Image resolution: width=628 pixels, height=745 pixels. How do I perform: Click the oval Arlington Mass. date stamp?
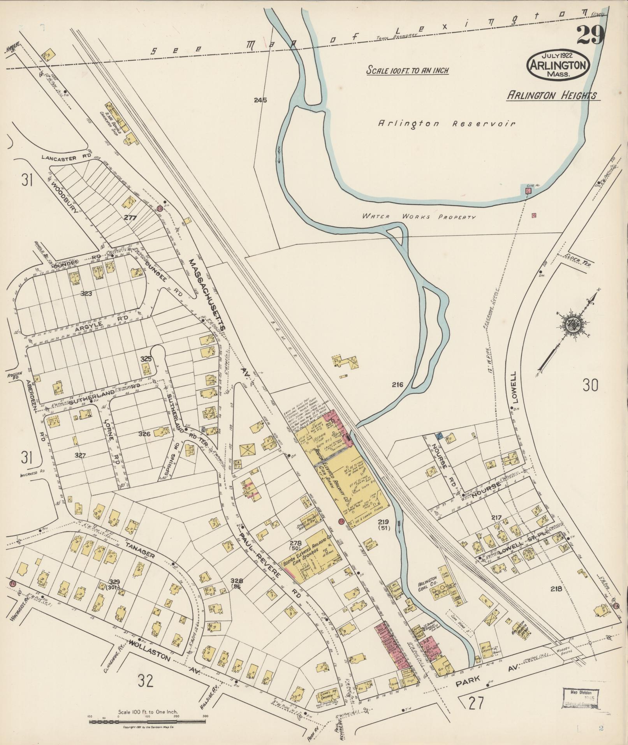tap(558, 65)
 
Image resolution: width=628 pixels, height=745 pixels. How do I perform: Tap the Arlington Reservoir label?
tap(447, 124)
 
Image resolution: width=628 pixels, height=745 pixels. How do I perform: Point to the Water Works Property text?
tap(419, 216)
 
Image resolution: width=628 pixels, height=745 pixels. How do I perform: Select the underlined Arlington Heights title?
tap(553, 95)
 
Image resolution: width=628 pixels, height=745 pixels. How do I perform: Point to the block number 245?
tap(260, 100)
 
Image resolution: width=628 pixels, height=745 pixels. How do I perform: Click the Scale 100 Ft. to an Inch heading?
tap(408, 70)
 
